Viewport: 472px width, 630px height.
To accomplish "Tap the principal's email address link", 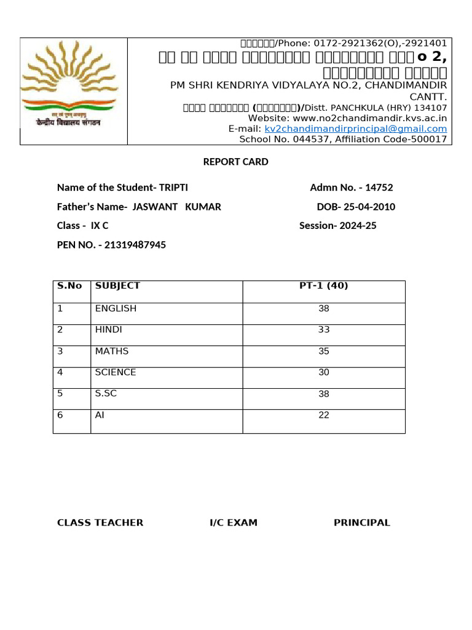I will coord(356,129).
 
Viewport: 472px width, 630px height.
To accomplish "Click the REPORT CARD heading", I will coord(236,162).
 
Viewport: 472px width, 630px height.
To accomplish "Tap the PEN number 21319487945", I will coord(135,245).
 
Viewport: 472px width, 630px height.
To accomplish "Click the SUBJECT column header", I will coord(117,285).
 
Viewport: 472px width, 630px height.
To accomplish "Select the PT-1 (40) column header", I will coord(324,285).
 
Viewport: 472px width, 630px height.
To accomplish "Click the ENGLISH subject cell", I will coord(116,308).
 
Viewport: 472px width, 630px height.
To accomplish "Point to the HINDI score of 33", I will coord(324,330).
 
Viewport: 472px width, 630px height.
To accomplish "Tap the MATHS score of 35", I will coord(324,351).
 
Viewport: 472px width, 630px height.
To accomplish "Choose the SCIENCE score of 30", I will coord(324,372).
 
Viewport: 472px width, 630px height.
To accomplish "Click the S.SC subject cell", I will coord(106,394).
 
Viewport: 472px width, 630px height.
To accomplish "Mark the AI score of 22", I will coord(324,415).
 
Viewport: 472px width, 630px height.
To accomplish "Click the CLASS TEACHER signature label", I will coord(100,523).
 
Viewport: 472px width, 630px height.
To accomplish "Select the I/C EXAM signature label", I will coord(234,523).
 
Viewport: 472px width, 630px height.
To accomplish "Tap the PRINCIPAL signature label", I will coord(362,523).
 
